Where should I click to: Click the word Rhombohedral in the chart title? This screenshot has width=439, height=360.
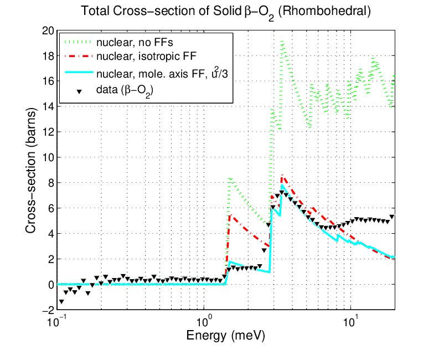click(325, 11)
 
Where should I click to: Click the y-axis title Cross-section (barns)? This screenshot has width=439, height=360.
click(31, 171)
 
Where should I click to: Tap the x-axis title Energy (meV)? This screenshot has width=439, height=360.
click(226, 336)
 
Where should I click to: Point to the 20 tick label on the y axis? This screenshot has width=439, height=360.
click(48, 30)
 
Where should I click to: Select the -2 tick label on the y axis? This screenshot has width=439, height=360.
click(48, 310)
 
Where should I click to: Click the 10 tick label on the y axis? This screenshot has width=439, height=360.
click(48, 157)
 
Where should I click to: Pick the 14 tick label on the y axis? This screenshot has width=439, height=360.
click(48, 107)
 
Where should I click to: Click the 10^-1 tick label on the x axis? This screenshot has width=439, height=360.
click(55, 322)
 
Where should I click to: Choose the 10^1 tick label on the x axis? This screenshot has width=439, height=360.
click(350, 322)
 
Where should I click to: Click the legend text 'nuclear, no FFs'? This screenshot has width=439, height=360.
click(135, 43)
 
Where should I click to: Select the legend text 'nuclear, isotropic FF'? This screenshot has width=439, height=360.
click(147, 56)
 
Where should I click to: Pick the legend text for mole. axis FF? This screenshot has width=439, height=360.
click(162, 73)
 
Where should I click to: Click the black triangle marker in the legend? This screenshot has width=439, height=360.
click(79, 91)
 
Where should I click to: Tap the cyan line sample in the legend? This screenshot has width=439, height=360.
click(79, 73)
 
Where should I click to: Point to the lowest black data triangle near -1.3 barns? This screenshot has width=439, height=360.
click(61, 301)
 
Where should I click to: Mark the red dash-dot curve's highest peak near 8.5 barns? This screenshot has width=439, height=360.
click(282, 175)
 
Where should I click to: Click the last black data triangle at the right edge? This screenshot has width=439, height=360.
click(392, 217)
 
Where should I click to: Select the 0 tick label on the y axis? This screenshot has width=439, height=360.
click(51, 284)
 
